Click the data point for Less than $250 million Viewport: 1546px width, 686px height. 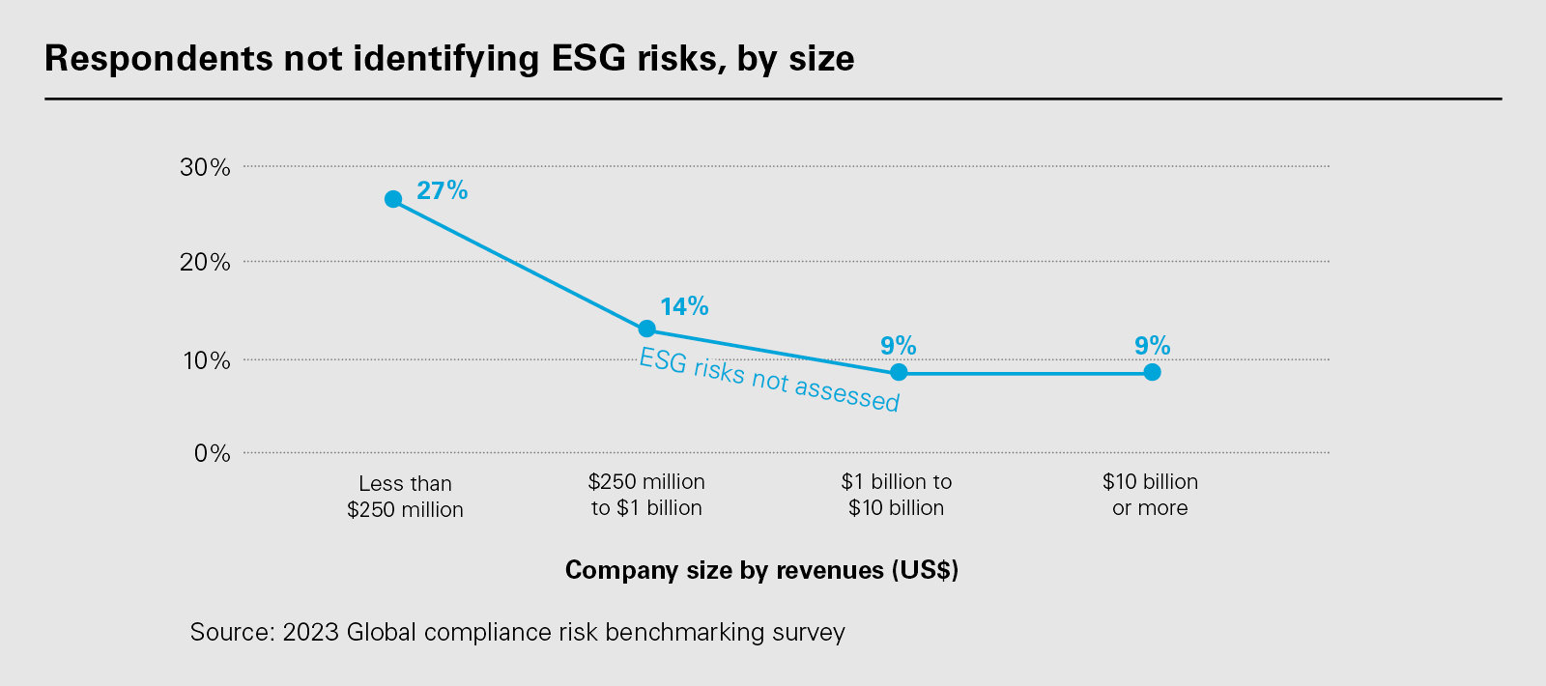(x=393, y=199)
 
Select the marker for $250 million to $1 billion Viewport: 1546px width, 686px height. (x=647, y=329)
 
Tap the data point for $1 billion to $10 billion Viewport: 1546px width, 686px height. (x=899, y=372)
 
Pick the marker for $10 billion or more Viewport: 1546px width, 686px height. (x=1152, y=372)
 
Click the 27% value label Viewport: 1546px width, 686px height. (x=442, y=190)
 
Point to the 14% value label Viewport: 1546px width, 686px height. (x=684, y=306)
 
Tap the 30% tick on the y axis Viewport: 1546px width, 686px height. (x=205, y=167)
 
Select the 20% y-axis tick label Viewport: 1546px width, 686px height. (x=205, y=262)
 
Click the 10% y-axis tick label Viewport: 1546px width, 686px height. (x=205, y=360)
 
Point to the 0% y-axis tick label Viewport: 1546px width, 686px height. (x=212, y=453)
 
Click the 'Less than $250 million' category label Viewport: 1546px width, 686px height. (x=405, y=497)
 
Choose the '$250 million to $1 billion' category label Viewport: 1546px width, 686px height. (x=646, y=495)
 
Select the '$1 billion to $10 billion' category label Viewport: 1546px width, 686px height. (x=897, y=495)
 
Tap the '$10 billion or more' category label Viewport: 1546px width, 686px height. (x=1150, y=495)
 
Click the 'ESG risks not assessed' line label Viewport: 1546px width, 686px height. (x=769, y=381)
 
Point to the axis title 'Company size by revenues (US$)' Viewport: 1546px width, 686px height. (x=761, y=570)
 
